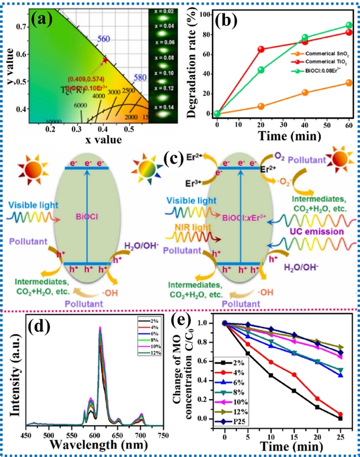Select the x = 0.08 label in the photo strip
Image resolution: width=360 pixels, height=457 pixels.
(x=167, y=58)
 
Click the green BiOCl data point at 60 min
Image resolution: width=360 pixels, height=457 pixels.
(x=349, y=26)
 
